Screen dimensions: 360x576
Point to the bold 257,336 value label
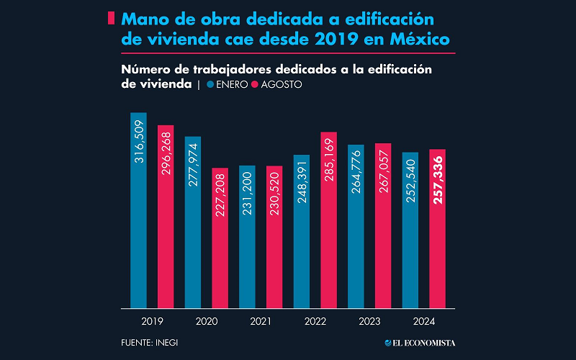[x=438, y=179]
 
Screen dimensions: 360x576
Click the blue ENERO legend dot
[x=210, y=84]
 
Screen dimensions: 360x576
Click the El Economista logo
[x=420, y=343]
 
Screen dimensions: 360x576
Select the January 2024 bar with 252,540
[x=410, y=230]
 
